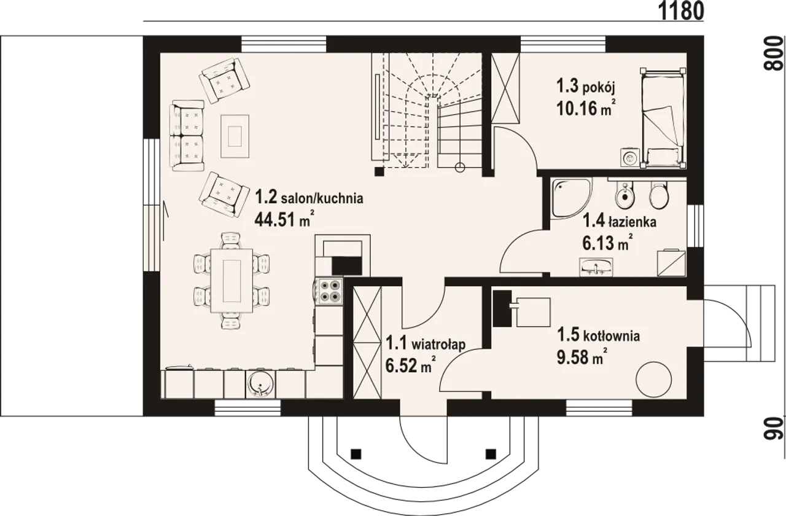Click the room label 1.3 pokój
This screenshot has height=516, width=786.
point(586,87)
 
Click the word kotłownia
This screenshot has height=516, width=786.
point(611,336)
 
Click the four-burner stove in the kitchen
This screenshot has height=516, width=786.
point(329,291)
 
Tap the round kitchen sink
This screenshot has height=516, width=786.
point(261,384)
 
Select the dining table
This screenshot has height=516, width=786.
point(232,280)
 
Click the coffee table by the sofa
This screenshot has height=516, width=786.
point(235,136)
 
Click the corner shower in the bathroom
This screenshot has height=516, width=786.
point(571,198)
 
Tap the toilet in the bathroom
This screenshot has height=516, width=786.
point(659,195)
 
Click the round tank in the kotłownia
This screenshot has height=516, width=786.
point(654,380)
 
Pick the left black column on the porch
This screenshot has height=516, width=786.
point(356,454)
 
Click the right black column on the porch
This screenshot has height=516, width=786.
point(491,454)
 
